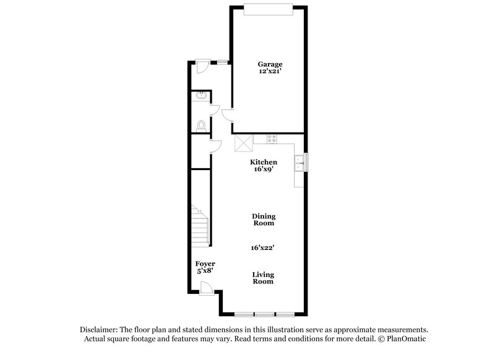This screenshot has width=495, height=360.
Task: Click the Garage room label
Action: pyautogui.click(x=270, y=64)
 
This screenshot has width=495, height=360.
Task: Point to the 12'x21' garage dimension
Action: pyautogui.click(x=270, y=72)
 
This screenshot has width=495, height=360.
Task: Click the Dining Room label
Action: pyautogui.click(x=263, y=220)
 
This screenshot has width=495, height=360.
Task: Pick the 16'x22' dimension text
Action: pyautogui.click(x=263, y=247)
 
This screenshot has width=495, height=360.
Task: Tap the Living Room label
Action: pyautogui.click(x=263, y=278)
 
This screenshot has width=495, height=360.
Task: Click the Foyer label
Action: pyautogui.click(x=205, y=264)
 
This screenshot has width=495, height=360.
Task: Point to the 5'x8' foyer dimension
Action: pyautogui.click(x=205, y=272)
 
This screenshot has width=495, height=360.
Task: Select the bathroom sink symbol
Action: pyautogui.click(x=201, y=96)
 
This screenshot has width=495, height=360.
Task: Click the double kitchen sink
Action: pyautogui.click(x=299, y=162)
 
